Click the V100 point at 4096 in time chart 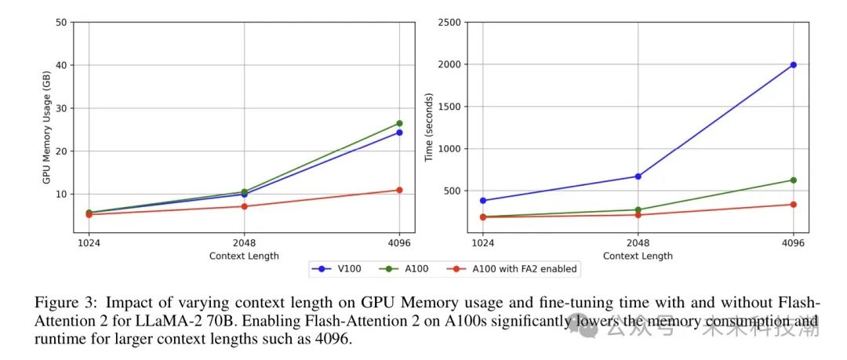(794, 64)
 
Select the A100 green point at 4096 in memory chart (399, 123)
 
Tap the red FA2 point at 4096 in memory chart (399, 190)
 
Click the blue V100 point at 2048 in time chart (638, 176)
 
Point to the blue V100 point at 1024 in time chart (483, 201)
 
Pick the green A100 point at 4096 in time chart (794, 180)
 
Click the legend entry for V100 (338, 269)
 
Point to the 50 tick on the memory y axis (61, 22)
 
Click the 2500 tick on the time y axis (449, 22)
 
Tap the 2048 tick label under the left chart (244, 243)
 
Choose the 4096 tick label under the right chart (794, 243)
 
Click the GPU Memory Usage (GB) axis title (46, 127)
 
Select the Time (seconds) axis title (429, 127)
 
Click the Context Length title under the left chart (244, 256)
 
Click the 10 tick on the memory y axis (61, 194)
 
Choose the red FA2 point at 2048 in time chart (638, 215)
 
